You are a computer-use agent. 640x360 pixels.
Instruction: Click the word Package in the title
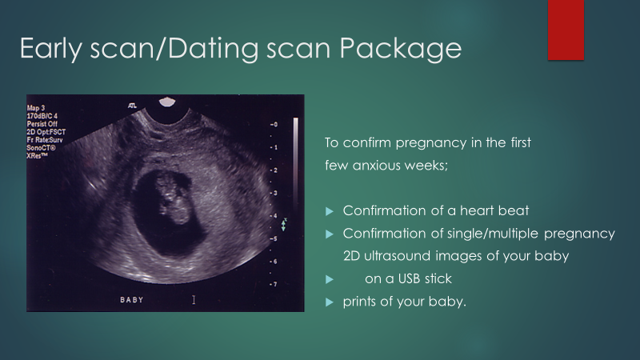[x=401, y=49]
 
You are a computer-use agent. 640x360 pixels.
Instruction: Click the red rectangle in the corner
[x=566, y=30]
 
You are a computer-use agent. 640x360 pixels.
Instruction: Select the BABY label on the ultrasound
[x=132, y=300]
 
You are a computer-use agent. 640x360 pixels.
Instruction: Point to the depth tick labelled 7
[x=274, y=284]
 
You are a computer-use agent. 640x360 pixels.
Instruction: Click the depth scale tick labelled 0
[x=274, y=124]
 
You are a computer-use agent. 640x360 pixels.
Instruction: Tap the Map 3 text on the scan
[x=36, y=108]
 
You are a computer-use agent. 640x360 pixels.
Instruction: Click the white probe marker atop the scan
[x=167, y=102]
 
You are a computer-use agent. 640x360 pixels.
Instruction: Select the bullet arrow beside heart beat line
[x=330, y=211]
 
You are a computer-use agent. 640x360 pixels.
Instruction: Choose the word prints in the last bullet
[x=359, y=302]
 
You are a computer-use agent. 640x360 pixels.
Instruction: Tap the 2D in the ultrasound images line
[x=351, y=256]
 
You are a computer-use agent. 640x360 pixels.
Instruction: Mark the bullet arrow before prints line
[x=330, y=302]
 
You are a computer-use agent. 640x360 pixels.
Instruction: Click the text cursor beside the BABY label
[x=194, y=300]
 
